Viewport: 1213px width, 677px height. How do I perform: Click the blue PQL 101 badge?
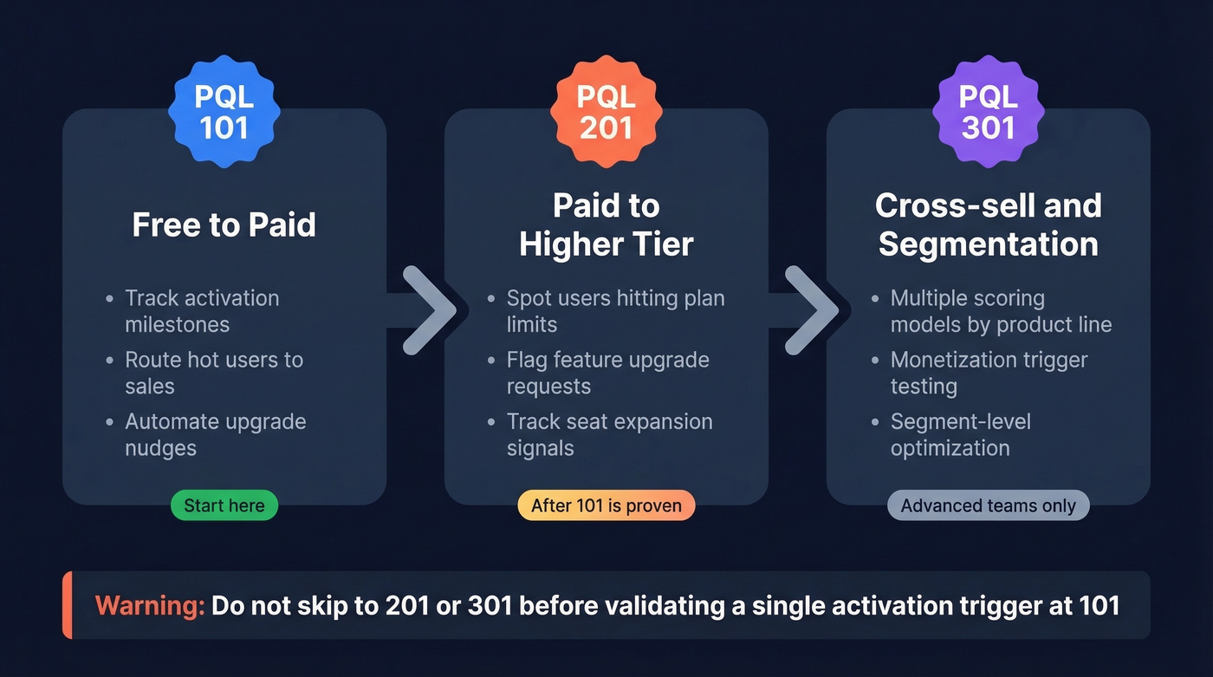(x=224, y=111)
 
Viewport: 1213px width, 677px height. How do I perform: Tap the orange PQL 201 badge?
(x=606, y=111)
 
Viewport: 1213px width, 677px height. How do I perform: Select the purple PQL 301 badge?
(x=988, y=111)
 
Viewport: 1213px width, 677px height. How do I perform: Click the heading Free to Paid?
(x=224, y=225)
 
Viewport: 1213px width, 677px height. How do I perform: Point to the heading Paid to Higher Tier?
(x=606, y=225)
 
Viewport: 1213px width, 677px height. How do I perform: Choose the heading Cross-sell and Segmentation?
(x=988, y=225)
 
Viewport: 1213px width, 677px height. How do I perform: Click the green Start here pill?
(x=224, y=505)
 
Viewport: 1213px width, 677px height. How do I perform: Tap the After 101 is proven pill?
(x=606, y=505)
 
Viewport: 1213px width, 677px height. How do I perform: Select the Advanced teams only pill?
(x=988, y=505)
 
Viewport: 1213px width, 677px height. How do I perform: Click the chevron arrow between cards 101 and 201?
(x=428, y=310)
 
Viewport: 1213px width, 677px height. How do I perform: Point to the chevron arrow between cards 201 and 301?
(x=810, y=310)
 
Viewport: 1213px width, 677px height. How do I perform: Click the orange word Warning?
(x=149, y=605)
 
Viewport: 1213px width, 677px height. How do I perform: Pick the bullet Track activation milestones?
(x=201, y=311)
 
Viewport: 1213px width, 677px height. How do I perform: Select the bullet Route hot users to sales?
(x=213, y=373)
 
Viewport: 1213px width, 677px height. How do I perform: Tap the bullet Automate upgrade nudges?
(x=215, y=434)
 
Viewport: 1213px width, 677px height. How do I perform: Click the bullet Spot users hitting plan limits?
(x=615, y=311)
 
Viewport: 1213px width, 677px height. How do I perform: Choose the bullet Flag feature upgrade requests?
(x=607, y=373)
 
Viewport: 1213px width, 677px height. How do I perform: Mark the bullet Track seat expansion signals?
(x=609, y=434)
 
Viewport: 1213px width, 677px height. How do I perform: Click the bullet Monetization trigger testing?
(x=989, y=373)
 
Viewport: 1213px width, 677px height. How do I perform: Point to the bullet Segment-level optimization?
(x=960, y=434)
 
